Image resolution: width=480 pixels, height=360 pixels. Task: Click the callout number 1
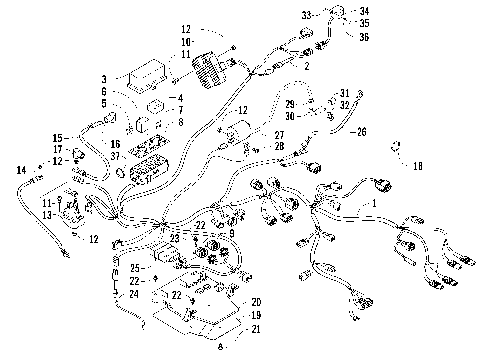tap(375, 203)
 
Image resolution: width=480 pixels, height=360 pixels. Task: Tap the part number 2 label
tap(306, 65)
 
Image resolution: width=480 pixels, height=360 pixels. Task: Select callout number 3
tap(104, 78)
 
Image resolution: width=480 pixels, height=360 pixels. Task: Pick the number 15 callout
tap(57, 137)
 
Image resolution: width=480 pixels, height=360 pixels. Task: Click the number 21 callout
tap(256, 328)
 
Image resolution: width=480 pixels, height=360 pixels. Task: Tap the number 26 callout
tap(362, 131)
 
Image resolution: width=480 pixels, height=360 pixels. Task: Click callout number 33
tap(308, 14)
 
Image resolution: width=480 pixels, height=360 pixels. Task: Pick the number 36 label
tap(364, 37)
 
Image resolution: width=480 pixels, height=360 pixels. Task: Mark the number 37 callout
tap(116, 156)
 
